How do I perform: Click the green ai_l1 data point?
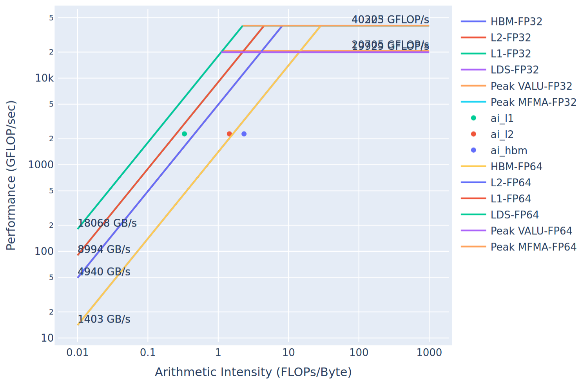pyautogui.click(x=184, y=134)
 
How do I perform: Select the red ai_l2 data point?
pyautogui.click(x=229, y=134)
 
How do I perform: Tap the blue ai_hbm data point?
pyautogui.click(x=244, y=134)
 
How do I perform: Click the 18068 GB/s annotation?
pyautogui.click(x=107, y=223)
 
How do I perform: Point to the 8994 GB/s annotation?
pyautogui.click(x=104, y=249)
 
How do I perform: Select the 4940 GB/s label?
pyautogui.click(x=104, y=272)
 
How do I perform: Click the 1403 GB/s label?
pyautogui.click(x=104, y=319)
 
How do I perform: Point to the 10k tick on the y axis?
pyautogui.click(x=44, y=78)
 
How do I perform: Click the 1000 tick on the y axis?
pyautogui.click(x=41, y=165)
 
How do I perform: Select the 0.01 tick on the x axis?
pyautogui.click(x=77, y=352)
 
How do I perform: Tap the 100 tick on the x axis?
pyautogui.click(x=359, y=352)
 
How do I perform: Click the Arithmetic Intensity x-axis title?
pyautogui.click(x=253, y=372)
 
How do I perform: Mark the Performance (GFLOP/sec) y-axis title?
pyautogui.click(x=11, y=175)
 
